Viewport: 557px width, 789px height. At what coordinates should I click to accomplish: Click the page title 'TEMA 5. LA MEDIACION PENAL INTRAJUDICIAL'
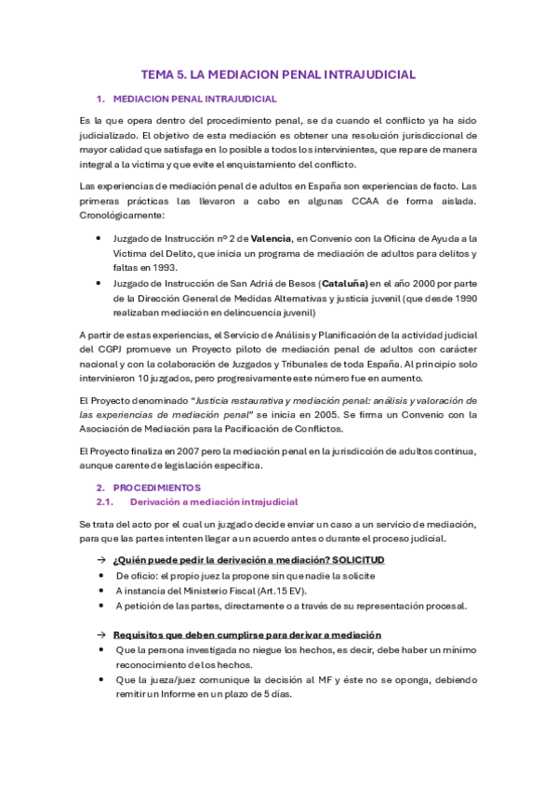point(278,74)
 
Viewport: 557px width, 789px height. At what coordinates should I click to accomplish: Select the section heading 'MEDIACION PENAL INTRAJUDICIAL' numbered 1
point(193,98)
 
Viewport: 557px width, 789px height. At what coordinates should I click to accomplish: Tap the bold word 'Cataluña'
point(343,283)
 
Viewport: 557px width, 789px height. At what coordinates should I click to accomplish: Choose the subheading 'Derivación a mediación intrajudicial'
point(214,501)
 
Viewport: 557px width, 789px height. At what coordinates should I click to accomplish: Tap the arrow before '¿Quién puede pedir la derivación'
point(100,559)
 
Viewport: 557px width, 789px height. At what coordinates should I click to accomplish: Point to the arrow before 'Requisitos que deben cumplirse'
point(100,634)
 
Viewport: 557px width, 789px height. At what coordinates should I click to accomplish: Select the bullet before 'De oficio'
point(101,575)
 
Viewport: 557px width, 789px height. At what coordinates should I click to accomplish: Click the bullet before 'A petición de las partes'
point(101,606)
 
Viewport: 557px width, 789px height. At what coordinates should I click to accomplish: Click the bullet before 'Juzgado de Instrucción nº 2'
point(101,238)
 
